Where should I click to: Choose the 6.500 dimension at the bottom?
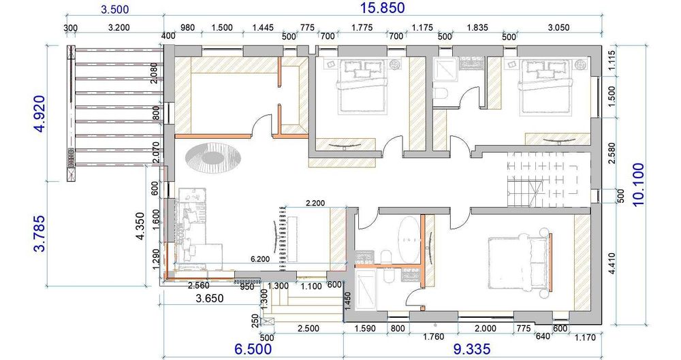click(253, 350)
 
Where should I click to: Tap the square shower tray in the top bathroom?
click(445, 69)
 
